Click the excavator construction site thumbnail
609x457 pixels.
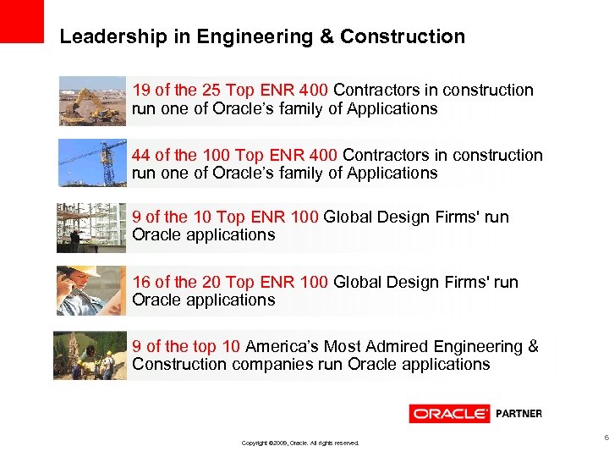pos(91,101)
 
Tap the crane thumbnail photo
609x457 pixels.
pos(91,163)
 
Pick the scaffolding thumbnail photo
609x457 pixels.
pos(91,228)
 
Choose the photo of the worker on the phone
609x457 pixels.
pos(91,290)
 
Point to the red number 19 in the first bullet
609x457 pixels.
pos(141,91)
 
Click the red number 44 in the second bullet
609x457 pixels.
pos(142,156)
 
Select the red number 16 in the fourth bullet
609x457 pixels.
pos(141,283)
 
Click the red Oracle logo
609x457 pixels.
pos(449,414)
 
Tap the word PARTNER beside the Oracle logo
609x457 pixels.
pos(518,414)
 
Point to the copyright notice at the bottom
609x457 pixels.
pos(300,443)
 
